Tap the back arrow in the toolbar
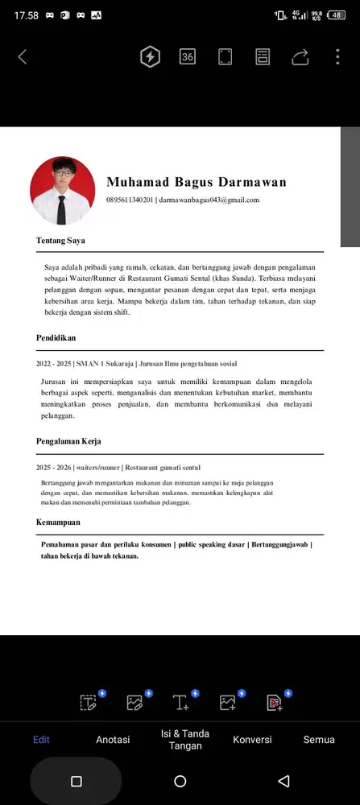click(23, 56)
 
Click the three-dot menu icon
click(337, 56)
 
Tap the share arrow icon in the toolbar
click(300, 56)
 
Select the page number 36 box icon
click(188, 56)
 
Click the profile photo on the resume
click(62, 191)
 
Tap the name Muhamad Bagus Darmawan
click(196, 182)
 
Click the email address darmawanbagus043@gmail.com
click(209, 200)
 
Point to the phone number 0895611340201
click(130, 200)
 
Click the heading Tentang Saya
click(60, 240)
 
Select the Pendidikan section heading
click(56, 338)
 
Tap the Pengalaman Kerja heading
click(68, 441)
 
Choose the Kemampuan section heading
click(58, 522)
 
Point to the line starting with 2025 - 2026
click(118, 467)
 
